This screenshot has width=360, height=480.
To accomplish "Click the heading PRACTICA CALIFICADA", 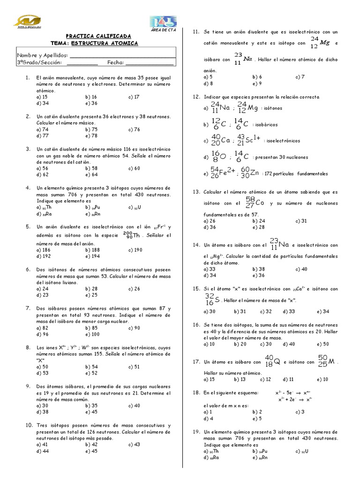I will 98,36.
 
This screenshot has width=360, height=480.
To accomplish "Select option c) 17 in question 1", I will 134,97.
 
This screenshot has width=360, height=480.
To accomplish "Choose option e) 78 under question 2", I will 91,135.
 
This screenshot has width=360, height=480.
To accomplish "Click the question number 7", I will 28,308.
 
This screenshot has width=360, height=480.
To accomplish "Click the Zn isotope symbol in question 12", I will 250,172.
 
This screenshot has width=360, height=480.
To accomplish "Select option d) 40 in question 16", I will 289,344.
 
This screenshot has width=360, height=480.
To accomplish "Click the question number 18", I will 197,392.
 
